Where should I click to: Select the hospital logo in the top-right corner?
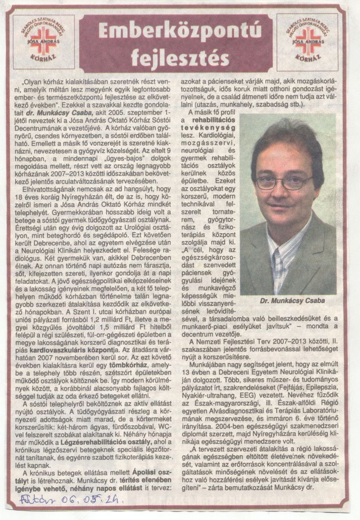[x=308, y=42]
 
